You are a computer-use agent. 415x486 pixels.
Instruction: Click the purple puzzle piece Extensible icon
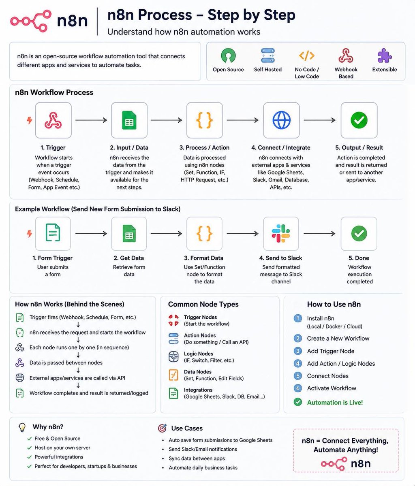click(x=385, y=55)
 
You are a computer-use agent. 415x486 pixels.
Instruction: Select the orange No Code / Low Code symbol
click(x=306, y=55)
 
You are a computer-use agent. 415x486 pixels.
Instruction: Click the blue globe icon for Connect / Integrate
click(x=281, y=120)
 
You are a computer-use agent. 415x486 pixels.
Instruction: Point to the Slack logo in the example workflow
click(x=281, y=233)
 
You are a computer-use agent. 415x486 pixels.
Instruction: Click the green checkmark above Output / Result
click(x=359, y=120)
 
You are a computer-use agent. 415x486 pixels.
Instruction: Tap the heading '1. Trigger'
click(x=53, y=147)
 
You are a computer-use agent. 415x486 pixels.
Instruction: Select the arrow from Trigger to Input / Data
click(x=91, y=120)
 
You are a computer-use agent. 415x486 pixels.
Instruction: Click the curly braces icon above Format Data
click(x=204, y=233)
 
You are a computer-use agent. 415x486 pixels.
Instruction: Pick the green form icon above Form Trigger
click(x=53, y=232)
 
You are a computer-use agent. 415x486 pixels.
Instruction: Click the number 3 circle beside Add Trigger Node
click(x=298, y=351)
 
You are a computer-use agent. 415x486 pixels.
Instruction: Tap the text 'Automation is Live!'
click(x=335, y=402)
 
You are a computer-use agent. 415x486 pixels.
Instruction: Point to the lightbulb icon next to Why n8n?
click(x=22, y=427)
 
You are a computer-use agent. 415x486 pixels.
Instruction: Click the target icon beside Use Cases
click(x=162, y=428)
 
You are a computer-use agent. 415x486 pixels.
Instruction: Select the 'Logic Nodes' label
click(x=198, y=354)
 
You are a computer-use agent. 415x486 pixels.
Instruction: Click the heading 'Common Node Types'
click(x=203, y=304)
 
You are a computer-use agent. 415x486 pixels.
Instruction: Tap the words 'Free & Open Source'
click(x=57, y=438)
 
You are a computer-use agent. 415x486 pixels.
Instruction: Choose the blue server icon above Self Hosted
click(x=268, y=55)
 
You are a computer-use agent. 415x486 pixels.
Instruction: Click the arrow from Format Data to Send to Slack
click(x=242, y=233)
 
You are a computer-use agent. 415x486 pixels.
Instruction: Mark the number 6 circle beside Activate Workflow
click(x=298, y=388)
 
